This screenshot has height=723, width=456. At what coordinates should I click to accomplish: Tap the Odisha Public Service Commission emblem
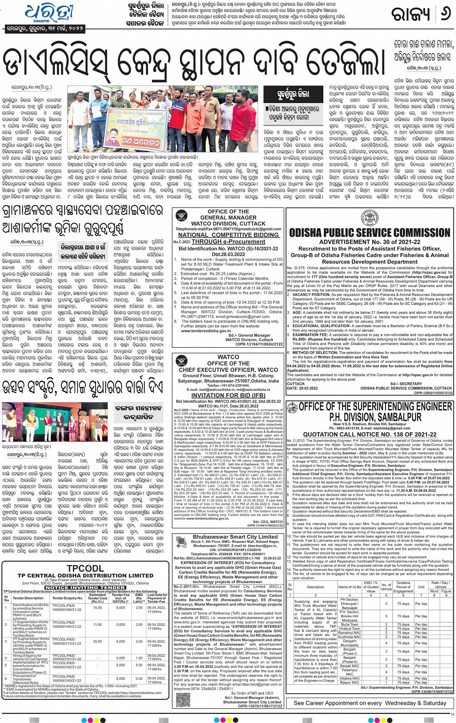click(x=370, y=218)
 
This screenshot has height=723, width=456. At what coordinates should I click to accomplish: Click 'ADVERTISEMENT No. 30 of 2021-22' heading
click(x=370, y=242)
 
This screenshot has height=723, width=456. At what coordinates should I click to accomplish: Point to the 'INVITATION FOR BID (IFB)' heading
click(x=228, y=395)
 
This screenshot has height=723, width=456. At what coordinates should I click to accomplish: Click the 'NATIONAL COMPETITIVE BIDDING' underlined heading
click(x=228, y=235)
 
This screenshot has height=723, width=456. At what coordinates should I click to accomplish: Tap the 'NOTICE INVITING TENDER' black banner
click(x=85, y=588)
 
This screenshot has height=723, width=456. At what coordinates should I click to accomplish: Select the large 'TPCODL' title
click(x=85, y=568)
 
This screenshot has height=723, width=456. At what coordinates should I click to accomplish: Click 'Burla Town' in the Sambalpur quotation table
click(x=349, y=624)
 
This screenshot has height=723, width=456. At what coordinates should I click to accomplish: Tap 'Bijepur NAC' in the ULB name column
click(x=349, y=682)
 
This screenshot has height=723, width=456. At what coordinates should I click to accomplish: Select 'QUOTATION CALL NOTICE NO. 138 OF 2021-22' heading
click(x=370, y=434)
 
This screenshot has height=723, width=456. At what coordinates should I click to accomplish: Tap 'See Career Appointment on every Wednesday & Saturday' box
click(x=370, y=703)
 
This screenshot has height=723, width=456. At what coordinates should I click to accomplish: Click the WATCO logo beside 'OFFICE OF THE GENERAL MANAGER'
click(x=182, y=216)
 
